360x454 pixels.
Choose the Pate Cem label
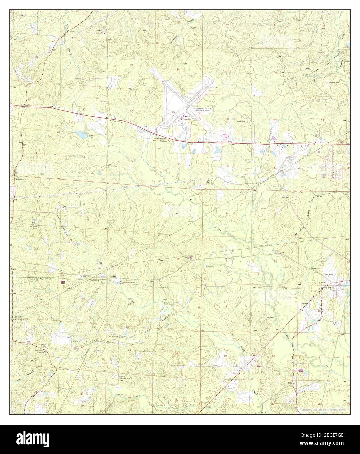pos(241,121)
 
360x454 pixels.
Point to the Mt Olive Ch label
pos(231,259)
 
